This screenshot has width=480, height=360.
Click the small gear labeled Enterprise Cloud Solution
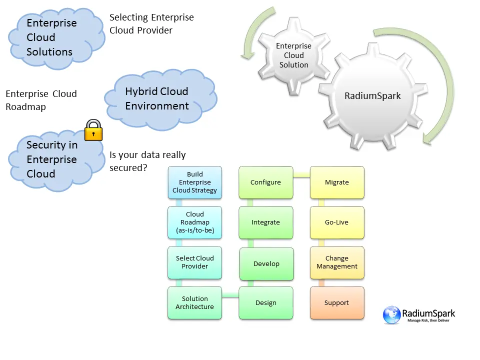[x=294, y=55]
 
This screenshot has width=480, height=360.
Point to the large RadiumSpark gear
[x=372, y=96]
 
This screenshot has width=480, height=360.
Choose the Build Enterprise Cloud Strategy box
[x=194, y=182]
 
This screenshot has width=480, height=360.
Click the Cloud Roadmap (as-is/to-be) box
[x=194, y=222]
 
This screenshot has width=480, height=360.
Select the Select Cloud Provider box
[x=194, y=262]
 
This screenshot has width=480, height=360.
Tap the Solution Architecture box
[x=194, y=303]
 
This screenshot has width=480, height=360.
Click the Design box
[x=265, y=303]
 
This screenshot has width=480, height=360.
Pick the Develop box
[x=265, y=263]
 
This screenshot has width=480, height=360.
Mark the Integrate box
[x=265, y=222]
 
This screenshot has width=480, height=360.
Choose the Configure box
[x=265, y=182]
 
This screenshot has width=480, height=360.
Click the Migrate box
[x=337, y=182]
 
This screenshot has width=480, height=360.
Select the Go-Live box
[x=337, y=222]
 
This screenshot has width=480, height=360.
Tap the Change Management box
[x=337, y=262]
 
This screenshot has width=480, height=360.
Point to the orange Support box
[x=337, y=303]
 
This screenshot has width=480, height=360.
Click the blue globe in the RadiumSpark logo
[x=391, y=315]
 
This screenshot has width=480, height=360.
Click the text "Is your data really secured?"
[x=147, y=161]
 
